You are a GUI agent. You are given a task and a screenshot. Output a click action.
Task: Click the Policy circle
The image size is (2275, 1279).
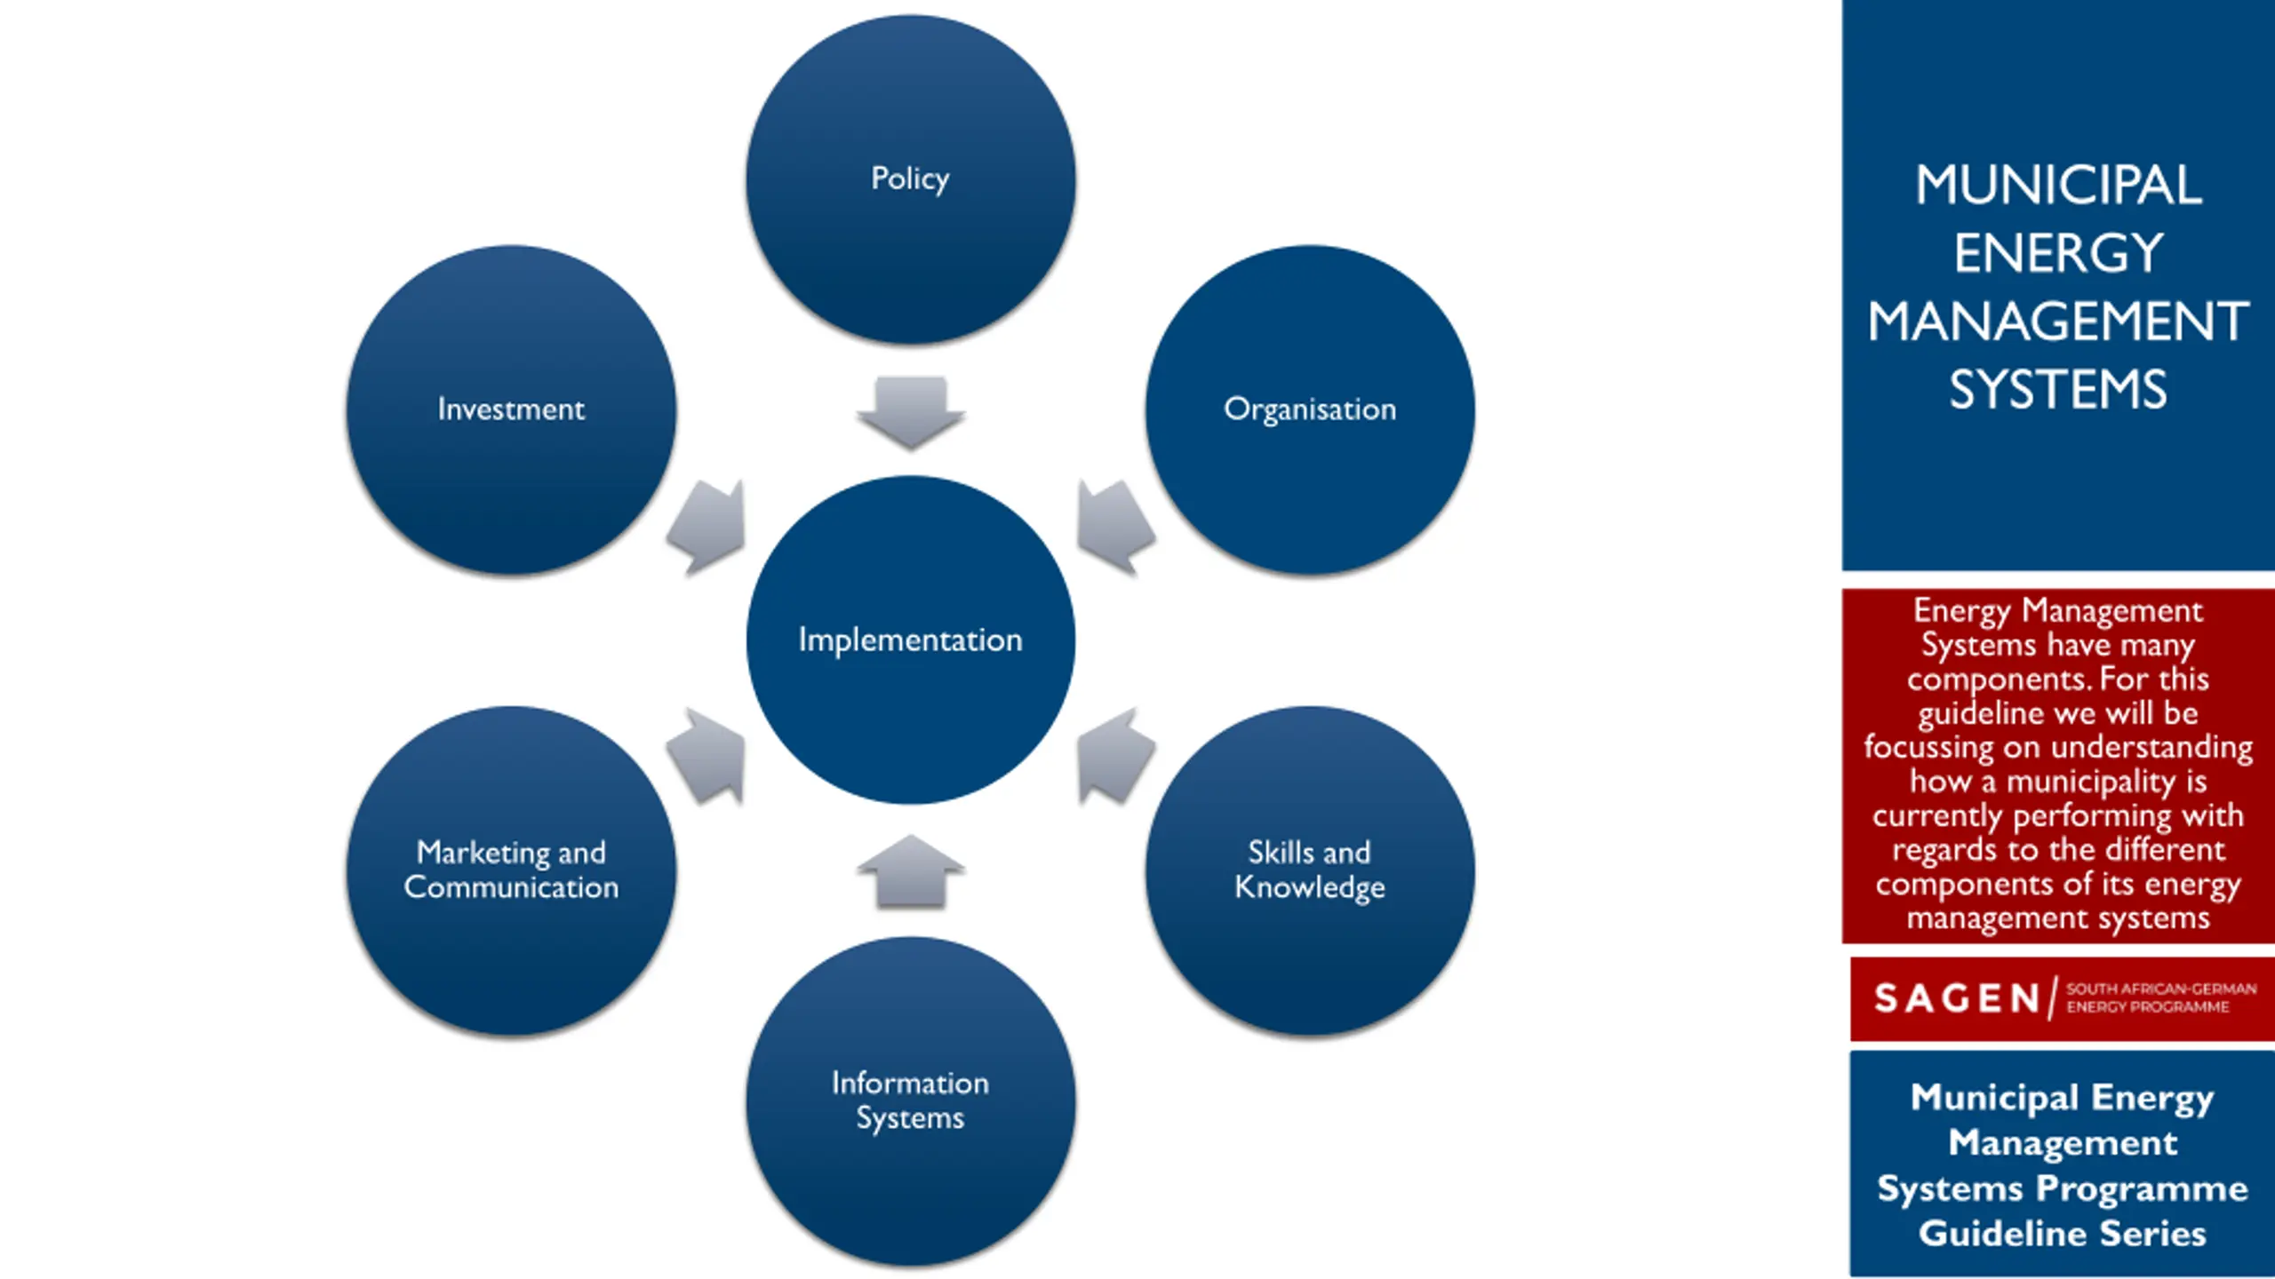point(911,179)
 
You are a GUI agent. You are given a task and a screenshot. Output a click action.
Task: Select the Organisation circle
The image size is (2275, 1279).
point(1310,409)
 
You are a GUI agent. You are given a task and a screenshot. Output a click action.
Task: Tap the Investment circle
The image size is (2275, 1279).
point(511,409)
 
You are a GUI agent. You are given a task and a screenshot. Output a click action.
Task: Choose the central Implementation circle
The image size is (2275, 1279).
point(911,639)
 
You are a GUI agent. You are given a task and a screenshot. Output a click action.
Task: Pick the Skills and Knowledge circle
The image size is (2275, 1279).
point(1310,870)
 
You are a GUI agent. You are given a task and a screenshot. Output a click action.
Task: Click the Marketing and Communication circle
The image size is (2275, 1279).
point(511,870)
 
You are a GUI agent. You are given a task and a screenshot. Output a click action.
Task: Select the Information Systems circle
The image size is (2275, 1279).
point(911,1100)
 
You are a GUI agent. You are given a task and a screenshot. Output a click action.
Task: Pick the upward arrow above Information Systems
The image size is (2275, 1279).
point(911,871)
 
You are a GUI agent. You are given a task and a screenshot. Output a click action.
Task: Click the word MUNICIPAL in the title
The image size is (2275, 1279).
point(2058,185)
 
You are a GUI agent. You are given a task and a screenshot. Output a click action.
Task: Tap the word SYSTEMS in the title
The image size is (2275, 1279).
point(2058,389)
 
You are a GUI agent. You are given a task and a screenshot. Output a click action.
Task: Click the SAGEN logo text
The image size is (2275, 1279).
point(1957,998)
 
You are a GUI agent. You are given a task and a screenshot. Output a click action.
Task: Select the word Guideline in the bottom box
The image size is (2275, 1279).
point(2001,1234)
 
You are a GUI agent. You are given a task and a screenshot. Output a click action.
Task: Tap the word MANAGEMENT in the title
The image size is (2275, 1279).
point(2058,321)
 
